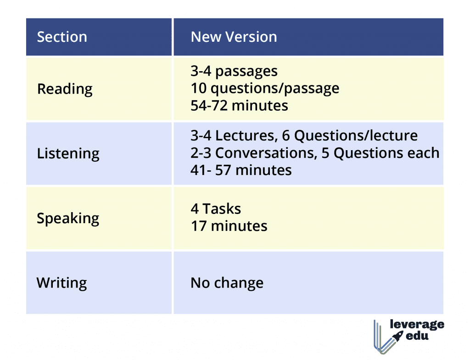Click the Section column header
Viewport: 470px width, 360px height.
(62, 37)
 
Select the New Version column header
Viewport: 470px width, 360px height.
(234, 37)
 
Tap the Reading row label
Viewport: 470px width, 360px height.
(65, 89)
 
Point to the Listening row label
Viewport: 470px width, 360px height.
(68, 154)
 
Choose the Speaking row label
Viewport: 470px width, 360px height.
(68, 219)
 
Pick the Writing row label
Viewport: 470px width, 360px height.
(62, 283)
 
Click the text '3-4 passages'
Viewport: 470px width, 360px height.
(234, 72)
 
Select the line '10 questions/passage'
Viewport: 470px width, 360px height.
(265, 89)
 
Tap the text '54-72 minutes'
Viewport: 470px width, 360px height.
(239, 106)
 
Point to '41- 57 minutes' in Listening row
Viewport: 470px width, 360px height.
(241, 170)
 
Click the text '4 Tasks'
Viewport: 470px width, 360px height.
(216, 209)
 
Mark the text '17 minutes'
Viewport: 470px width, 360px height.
(229, 226)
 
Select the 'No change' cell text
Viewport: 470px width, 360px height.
(227, 283)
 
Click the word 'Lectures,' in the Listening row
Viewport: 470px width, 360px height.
(246, 135)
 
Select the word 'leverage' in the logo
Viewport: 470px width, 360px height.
(417, 325)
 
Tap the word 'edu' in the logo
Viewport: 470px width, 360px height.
(417, 335)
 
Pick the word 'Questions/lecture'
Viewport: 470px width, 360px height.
(356, 135)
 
